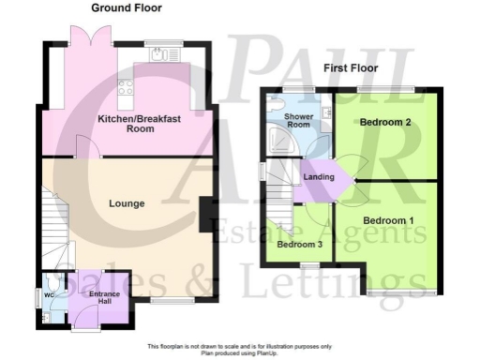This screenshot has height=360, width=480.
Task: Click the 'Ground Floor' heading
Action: [x=126, y=7]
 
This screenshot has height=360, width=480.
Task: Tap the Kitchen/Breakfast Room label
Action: [x=127, y=124]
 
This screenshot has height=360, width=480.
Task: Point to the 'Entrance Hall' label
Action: [x=104, y=298]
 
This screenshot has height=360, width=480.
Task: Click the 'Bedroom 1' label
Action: [x=388, y=220]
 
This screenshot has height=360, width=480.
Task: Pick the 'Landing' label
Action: [x=318, y=176]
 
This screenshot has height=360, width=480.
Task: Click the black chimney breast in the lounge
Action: [x=204, y=213]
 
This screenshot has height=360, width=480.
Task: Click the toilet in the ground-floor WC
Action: [x=56, y=282]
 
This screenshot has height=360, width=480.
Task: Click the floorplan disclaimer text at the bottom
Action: [x=240, y=350]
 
